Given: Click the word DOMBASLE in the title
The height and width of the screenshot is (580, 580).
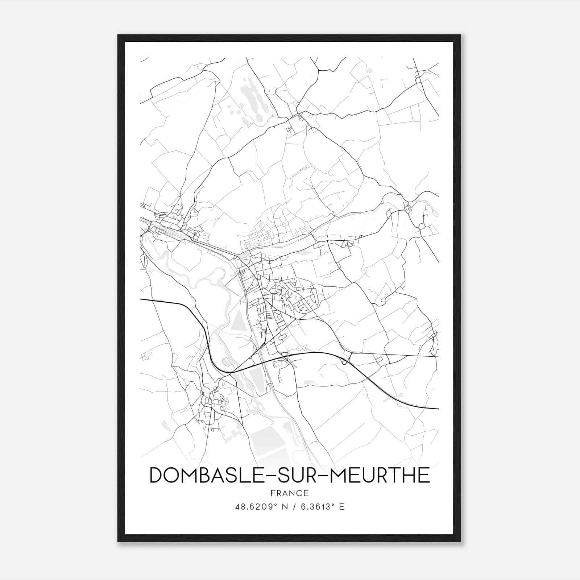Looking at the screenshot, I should tap(205, 475).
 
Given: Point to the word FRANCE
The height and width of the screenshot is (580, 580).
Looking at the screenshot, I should tap(289, 493).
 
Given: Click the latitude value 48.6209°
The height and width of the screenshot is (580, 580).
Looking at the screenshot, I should tap(257, 506).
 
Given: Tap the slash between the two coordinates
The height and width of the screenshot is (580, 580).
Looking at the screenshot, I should tap(294, 506).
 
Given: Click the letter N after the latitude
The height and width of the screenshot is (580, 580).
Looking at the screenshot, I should tap(285, 506).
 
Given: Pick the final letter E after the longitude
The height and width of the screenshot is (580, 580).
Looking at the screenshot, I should tap(341, 506).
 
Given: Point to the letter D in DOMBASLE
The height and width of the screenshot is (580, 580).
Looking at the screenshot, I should tap(157, 475).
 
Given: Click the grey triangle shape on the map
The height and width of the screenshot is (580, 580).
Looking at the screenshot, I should tap(238, 321).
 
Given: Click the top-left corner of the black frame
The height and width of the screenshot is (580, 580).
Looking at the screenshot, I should tap(119, 36).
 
